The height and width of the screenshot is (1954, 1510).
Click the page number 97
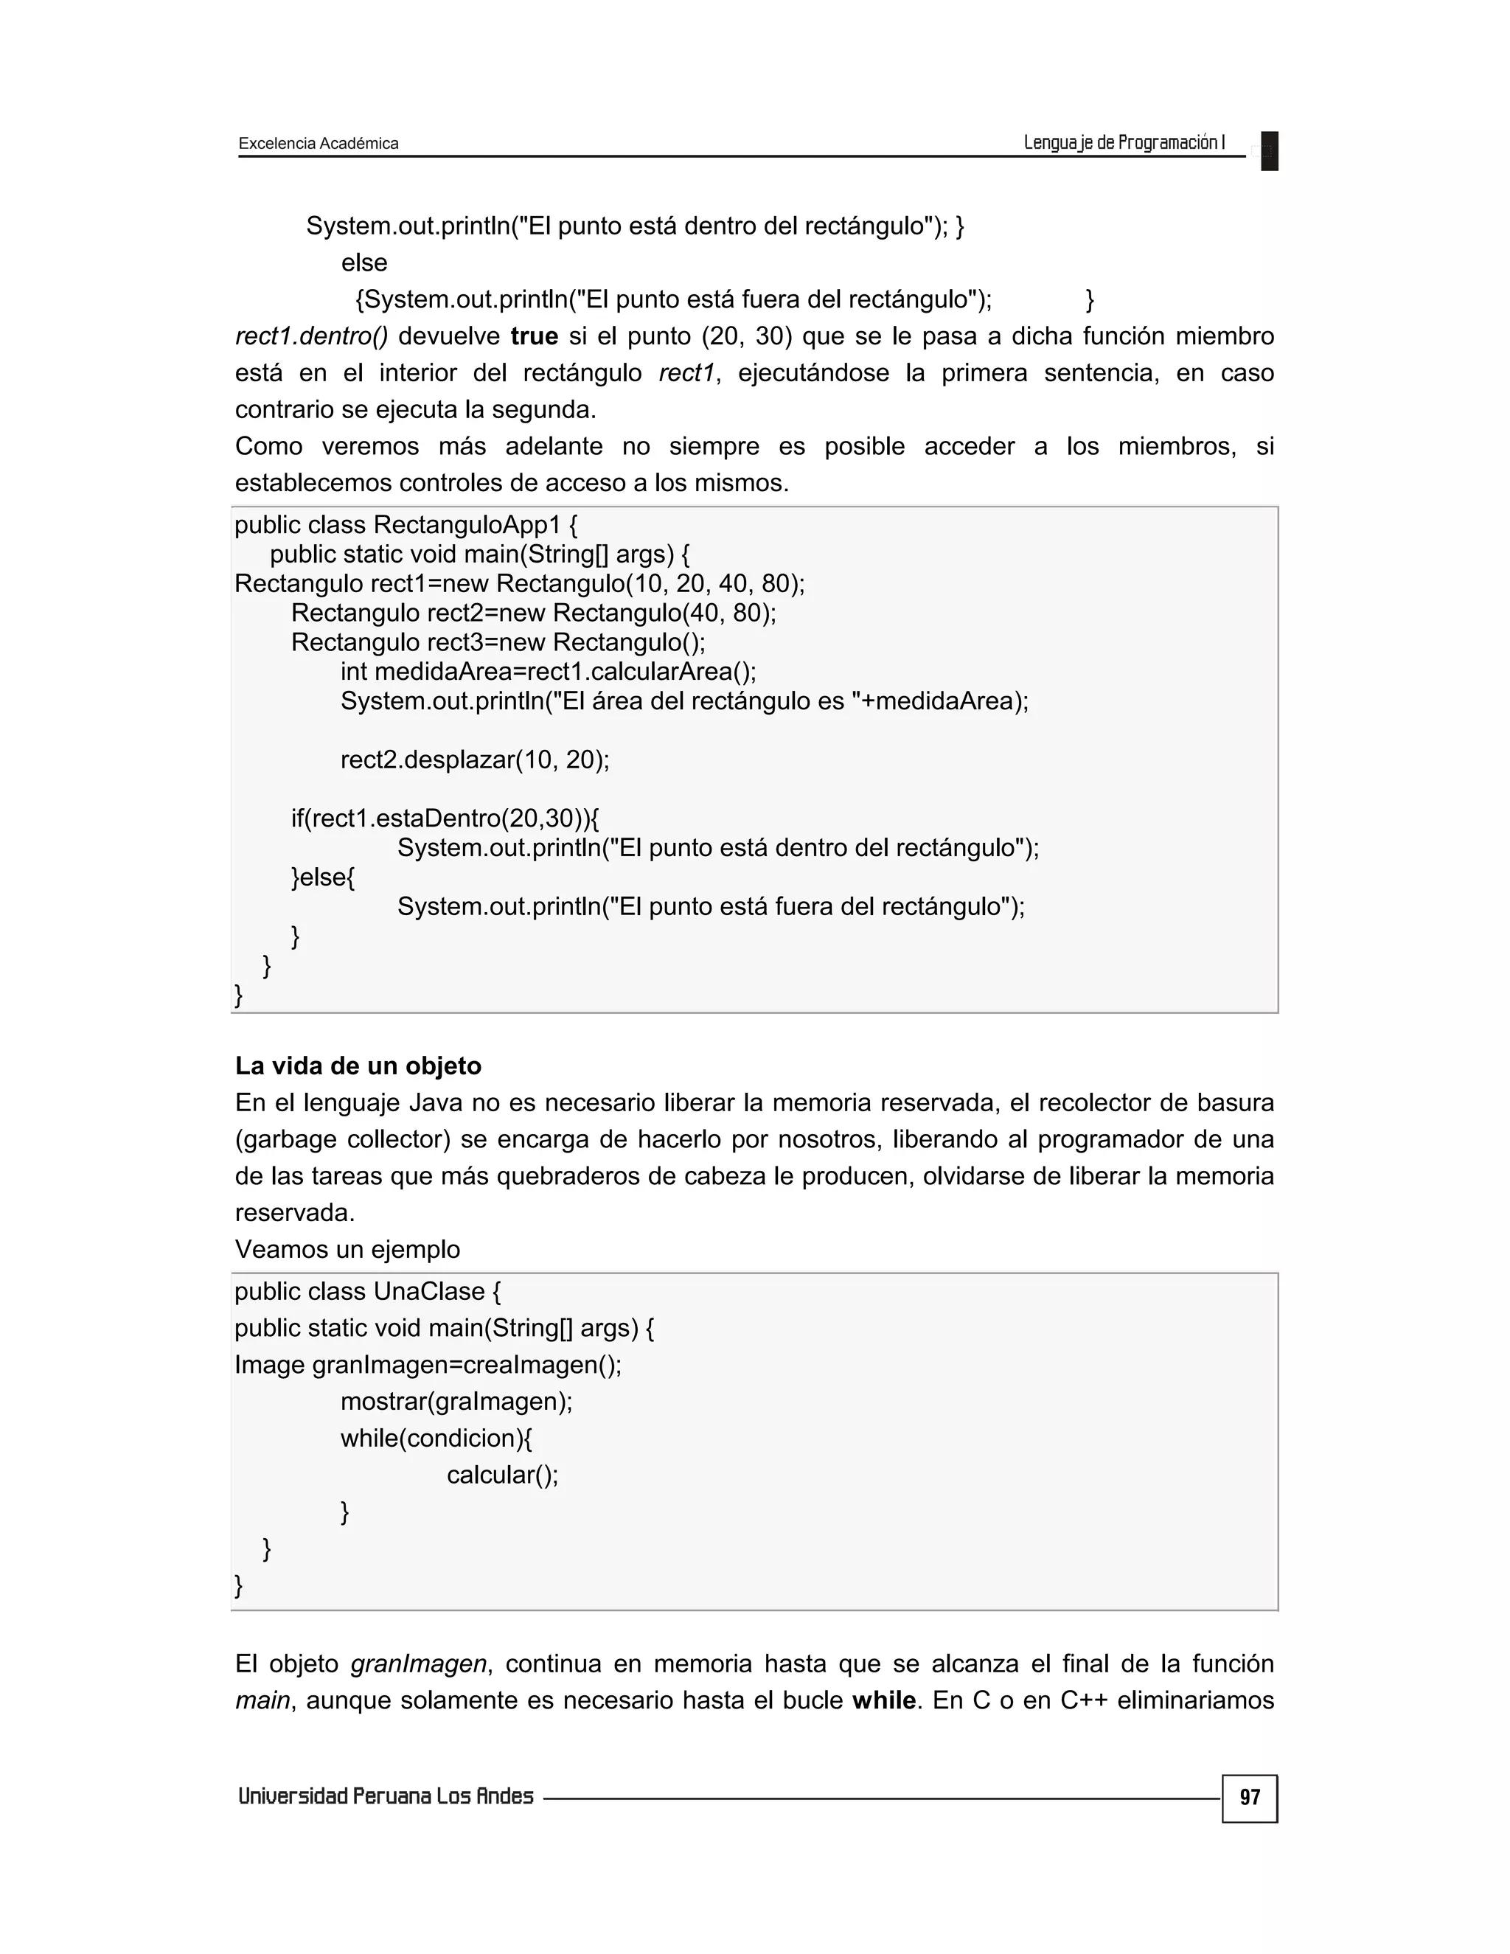point(1249,1798)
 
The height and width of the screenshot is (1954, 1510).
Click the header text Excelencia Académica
point(319,143)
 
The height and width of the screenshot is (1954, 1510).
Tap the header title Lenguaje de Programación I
point(1124,142)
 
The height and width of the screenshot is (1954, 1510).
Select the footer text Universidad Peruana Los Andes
point(386,1796)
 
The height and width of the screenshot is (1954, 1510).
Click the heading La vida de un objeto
point(358,1065)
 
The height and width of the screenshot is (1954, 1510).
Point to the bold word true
point(534,336)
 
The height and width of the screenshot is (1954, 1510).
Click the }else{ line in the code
point(323,877)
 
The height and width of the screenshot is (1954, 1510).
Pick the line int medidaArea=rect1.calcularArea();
point(548,671)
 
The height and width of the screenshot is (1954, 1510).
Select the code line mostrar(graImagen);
point(456,1401)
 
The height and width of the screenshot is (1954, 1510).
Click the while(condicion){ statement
point(436,1438)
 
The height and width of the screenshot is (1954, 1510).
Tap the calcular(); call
point(502,1475)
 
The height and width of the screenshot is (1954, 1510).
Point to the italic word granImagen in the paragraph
point(418,1663)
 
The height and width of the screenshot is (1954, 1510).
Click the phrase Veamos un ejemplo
point(347,1249)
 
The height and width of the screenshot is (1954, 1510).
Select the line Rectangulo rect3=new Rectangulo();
point(498,642)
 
